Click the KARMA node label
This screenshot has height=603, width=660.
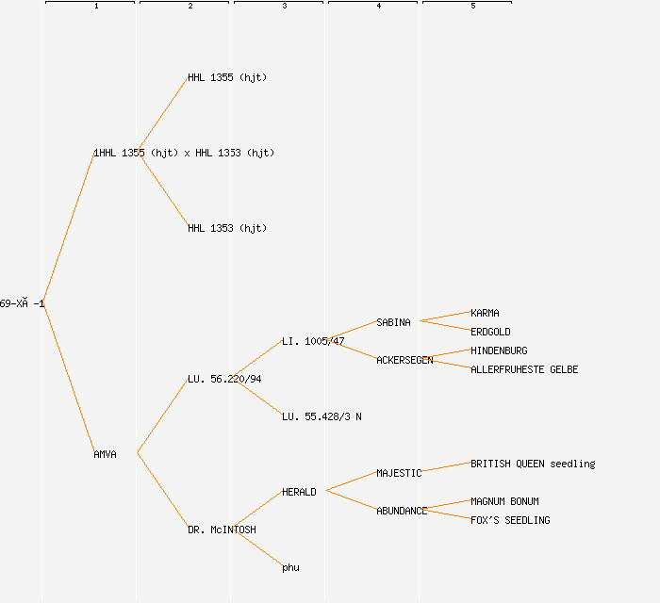486,313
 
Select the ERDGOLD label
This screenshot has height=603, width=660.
491,332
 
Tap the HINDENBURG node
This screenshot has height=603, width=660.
500,350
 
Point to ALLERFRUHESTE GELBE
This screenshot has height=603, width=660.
524,369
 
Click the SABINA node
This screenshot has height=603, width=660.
394,322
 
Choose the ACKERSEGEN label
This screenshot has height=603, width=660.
404,360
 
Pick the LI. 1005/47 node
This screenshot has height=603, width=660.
313,341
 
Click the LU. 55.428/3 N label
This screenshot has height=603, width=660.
322,416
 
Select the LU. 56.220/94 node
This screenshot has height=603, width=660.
224,379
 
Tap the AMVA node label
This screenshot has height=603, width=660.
106,454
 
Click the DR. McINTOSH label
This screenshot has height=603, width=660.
222,530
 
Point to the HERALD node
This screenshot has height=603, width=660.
299,492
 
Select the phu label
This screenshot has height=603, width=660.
290,567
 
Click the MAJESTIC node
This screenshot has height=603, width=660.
399,473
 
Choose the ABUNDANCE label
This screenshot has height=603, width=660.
402,511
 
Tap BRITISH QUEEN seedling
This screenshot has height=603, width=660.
533,464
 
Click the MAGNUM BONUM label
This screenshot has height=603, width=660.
505,501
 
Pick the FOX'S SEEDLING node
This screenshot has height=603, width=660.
510,520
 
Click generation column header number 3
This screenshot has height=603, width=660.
285,7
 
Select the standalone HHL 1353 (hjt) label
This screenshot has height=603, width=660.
227,228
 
